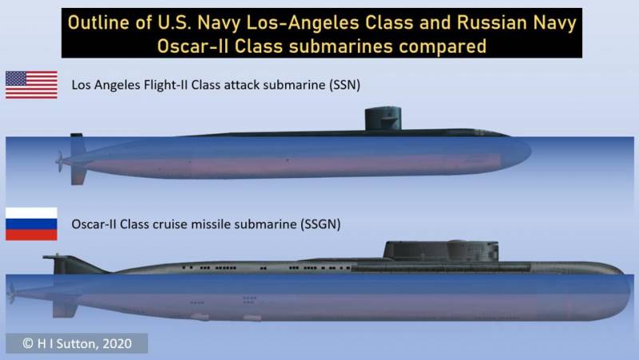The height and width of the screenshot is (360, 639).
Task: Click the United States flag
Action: tap(31, 85)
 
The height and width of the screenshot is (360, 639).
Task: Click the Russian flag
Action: tap(31, 224)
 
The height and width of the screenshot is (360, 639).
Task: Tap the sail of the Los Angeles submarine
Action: tap(383, 118)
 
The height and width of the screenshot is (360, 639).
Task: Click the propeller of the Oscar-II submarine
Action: tap(11, 293)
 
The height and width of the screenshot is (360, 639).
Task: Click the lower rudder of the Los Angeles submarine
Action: tap(77, 175)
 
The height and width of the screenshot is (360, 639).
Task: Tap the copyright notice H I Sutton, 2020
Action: tap(77, 343)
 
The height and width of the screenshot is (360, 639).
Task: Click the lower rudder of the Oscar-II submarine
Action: tap(65, 307)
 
